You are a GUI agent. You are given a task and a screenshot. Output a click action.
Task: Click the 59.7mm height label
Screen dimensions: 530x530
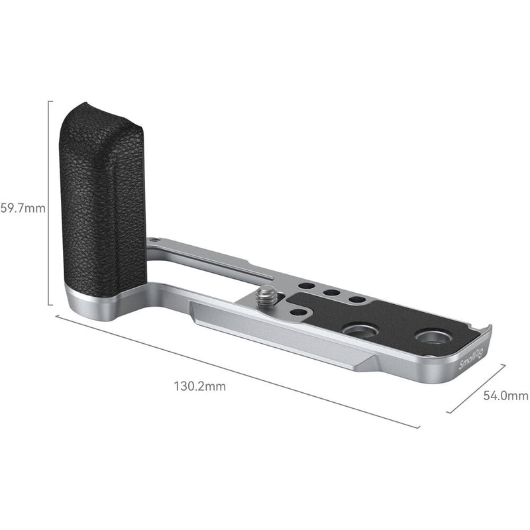click(x=23, y=207)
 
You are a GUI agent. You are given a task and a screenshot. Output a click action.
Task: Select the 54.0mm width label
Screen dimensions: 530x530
click(x=505, y=396)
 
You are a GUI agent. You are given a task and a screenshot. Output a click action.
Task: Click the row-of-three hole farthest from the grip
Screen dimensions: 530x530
click(x=356, y=299)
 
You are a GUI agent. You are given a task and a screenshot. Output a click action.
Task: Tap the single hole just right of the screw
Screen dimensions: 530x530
click(x=299, y=311)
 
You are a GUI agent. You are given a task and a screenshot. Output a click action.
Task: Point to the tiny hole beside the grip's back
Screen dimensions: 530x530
click(x=154, y=240)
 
